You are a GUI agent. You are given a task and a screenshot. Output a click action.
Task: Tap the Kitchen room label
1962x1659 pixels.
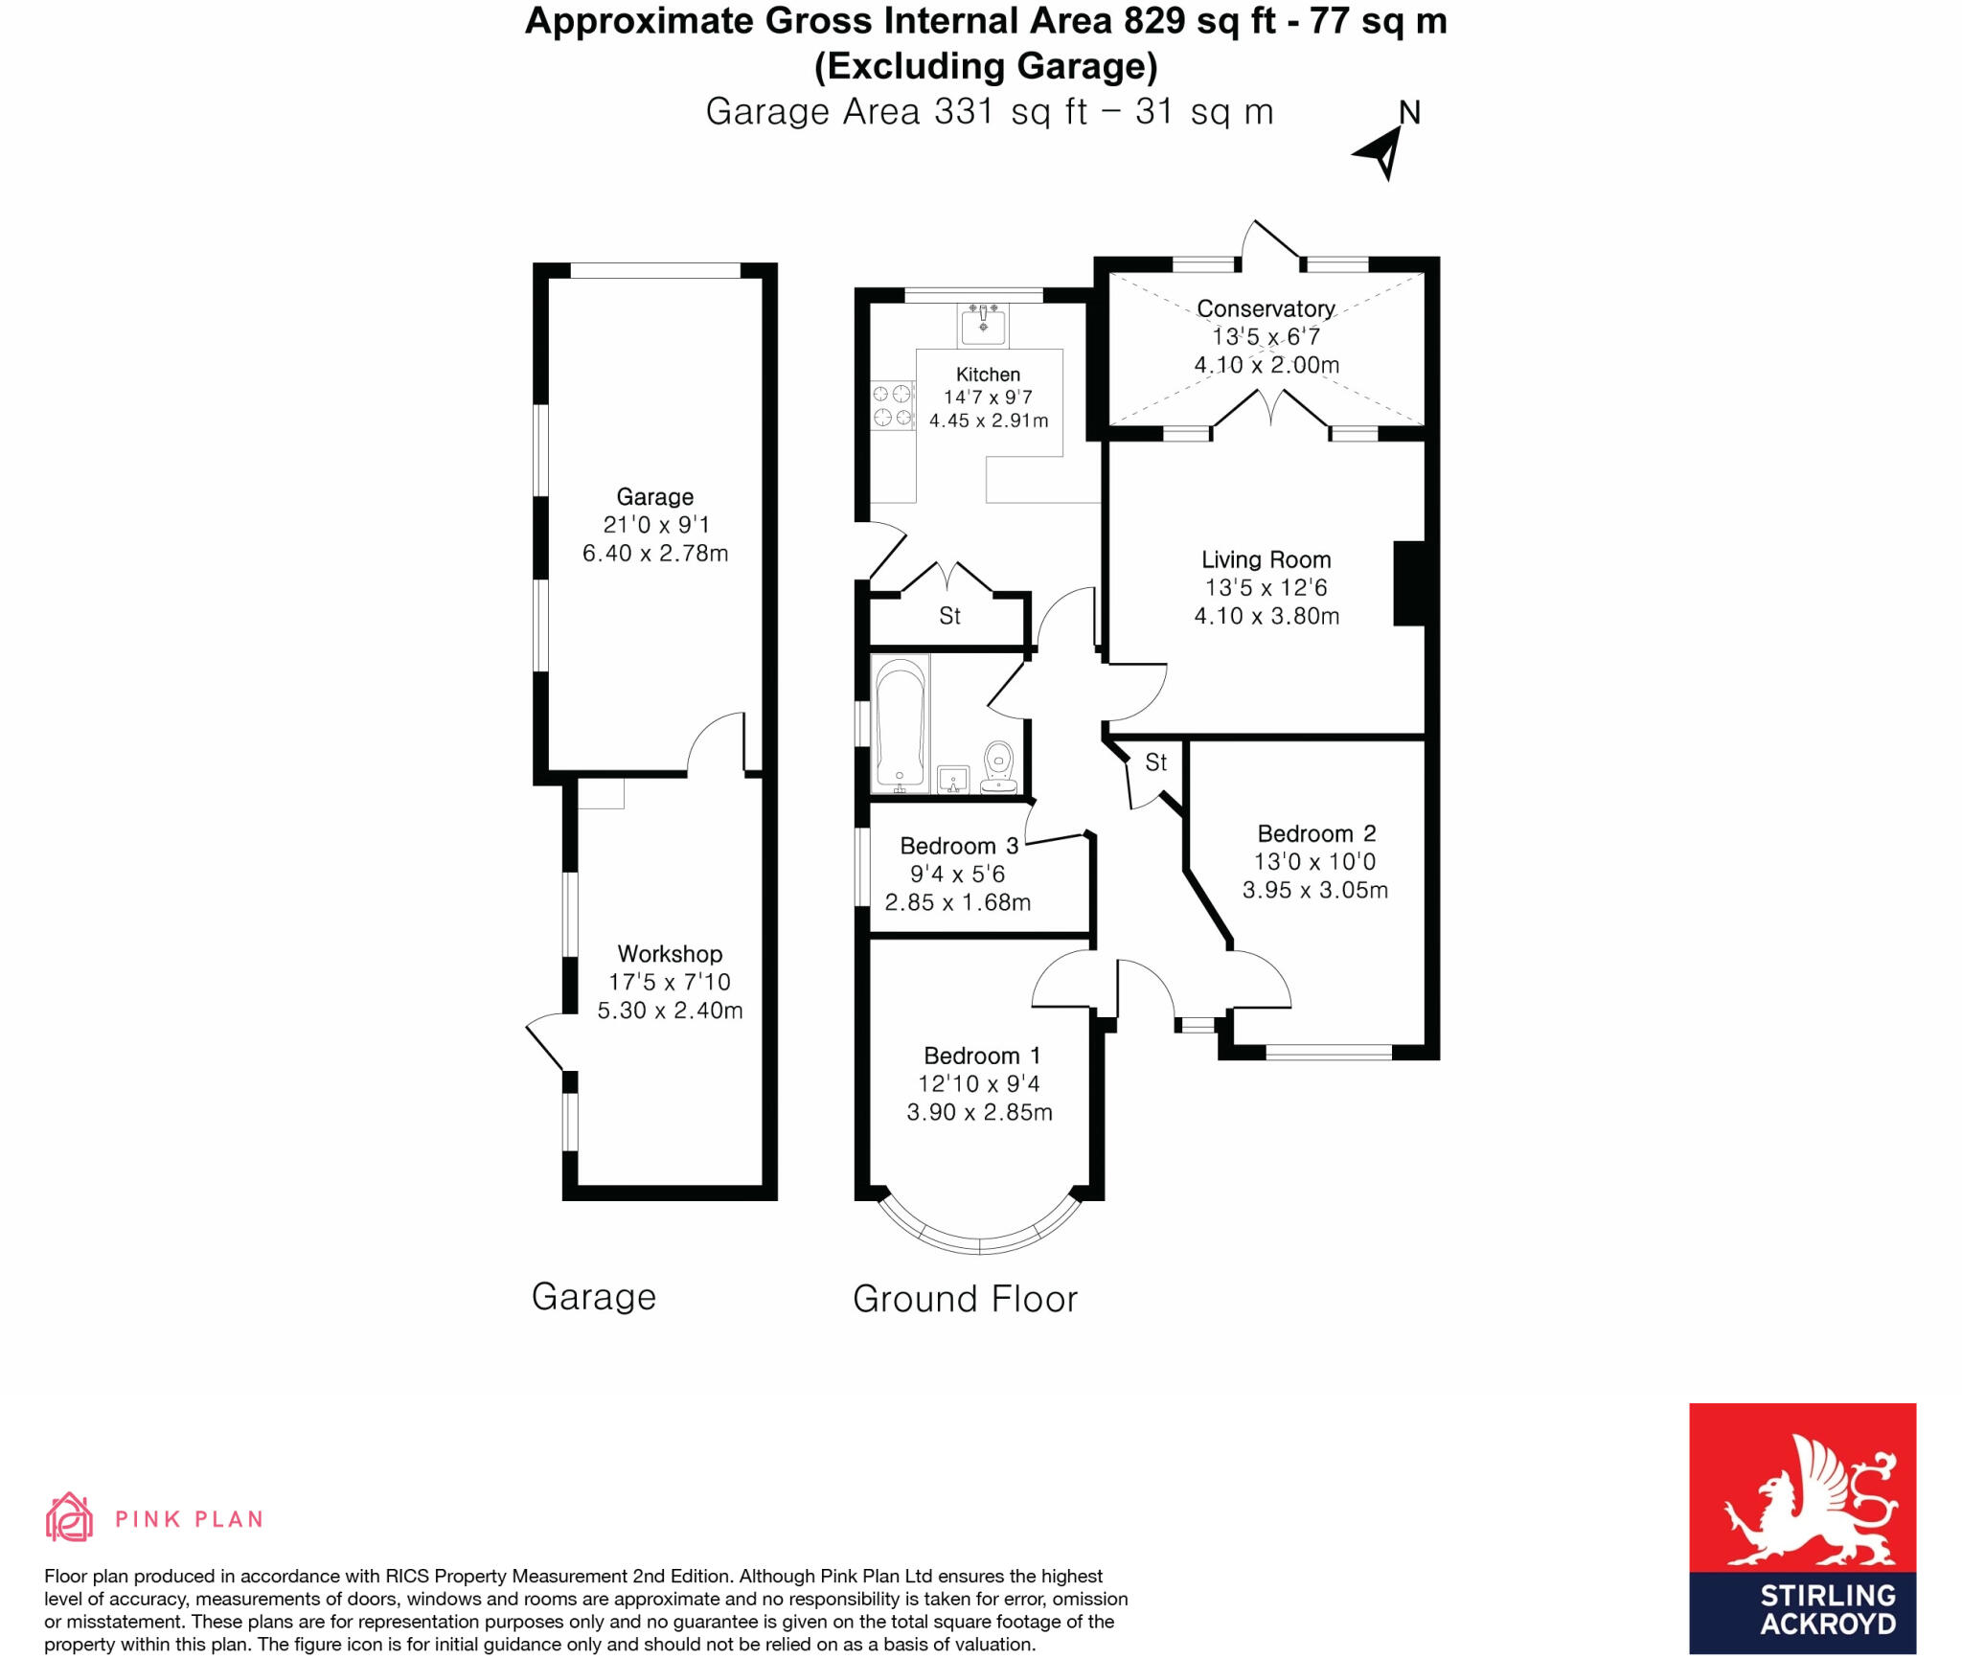(988, 375)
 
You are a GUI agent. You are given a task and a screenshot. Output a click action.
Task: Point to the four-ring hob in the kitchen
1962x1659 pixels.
(892, 405)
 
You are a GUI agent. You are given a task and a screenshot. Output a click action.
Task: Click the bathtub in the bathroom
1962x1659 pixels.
(900, 723)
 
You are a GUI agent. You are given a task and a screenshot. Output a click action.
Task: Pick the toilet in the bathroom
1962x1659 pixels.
(998, 767)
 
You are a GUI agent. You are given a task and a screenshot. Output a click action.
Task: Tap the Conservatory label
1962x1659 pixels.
(1266, 308)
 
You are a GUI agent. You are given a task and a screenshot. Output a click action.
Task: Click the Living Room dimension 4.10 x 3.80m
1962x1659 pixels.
(1266, 616)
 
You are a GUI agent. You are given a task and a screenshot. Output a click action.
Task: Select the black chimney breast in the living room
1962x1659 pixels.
(1408, 583)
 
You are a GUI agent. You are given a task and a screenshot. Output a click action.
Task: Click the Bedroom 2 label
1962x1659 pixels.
(1315, 833)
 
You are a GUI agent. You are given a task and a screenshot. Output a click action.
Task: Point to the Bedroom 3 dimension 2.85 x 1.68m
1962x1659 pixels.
(957, 902)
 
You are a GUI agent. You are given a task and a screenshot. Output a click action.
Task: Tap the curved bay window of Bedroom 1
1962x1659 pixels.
(979, 1240)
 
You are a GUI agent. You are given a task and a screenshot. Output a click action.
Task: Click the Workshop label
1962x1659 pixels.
(670, 954)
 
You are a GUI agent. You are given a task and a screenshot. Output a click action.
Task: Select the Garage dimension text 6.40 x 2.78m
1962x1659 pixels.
(655, 554)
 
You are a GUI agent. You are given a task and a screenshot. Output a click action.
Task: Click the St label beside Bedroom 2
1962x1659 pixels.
(1156, 762)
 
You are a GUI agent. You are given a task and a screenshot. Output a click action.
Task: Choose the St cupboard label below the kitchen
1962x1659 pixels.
(949, 616)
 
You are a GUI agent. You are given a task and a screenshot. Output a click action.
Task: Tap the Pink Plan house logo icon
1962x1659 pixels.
(69, 1517)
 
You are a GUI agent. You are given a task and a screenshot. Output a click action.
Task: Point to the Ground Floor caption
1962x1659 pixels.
(965, 1299)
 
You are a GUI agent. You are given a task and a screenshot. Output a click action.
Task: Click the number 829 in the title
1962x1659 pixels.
(1154, 21)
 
